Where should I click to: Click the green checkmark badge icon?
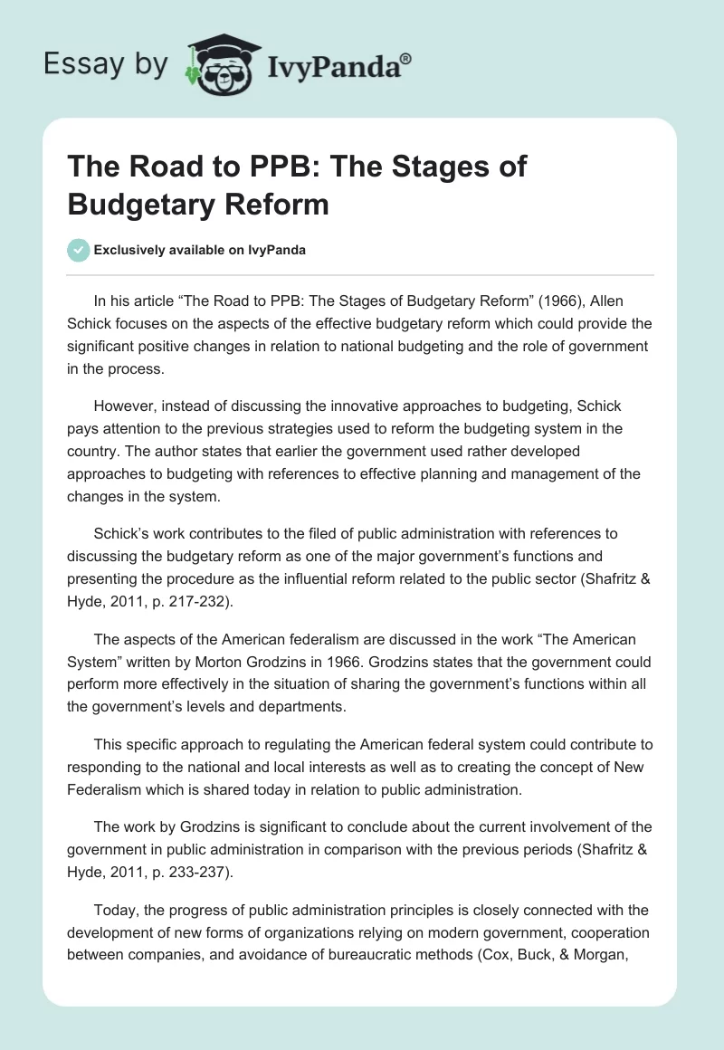(78, 250)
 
